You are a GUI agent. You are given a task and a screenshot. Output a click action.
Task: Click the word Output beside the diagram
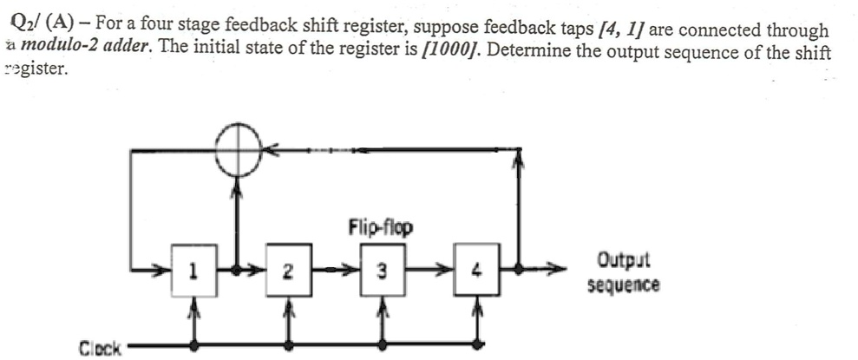click(623, 261)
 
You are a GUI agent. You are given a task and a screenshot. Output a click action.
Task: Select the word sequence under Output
click(623, 285)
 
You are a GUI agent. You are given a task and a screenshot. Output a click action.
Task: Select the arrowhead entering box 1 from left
click(161, 271)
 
